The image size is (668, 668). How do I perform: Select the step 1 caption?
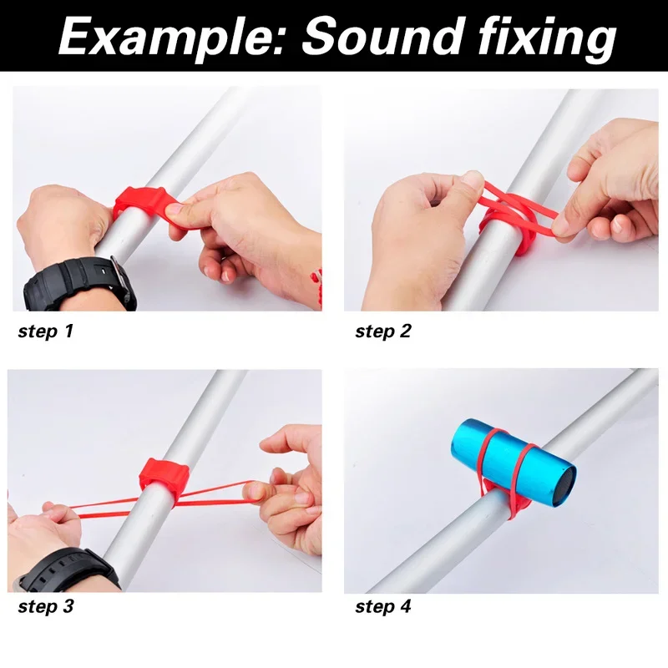click(x=46, y=331)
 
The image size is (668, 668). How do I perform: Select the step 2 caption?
click(x=383, y=331)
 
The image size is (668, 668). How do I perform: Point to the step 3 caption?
click(x=46, y=606)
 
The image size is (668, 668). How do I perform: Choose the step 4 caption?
click(x=383, y=606)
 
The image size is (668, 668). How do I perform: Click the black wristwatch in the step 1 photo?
click(x=79, y=285)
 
